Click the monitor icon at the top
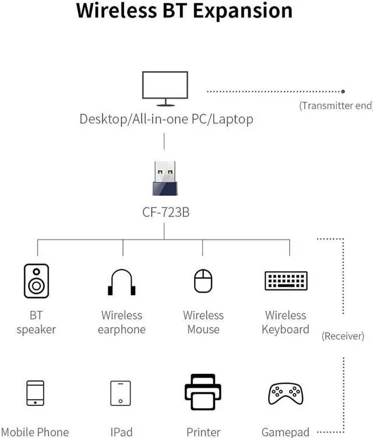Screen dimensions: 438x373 pyautogui.click(x=165, y=88)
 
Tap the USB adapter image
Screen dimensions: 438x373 pyautogui.click(x=165, y=178)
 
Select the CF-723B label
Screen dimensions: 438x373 pyautogui.click(x=166, y=212)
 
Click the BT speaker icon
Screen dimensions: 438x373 pyautogui.click(x=36, y=281)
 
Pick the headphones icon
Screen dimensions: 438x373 pyautogui.click(x=121, y=282)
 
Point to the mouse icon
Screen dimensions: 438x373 pyautogui.click(x=203, y=281)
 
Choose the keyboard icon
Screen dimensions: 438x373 pyautogui.click(x=286, y=281)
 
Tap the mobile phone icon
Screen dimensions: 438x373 pyautogui.click(x=36, y=393)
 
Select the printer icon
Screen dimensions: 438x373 pyautogui.click(x=203, y=392)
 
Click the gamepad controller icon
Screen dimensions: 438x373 pyautogui.click(x=285, y=394)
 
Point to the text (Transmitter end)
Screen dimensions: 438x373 pyautogui.click(x=336, y=106)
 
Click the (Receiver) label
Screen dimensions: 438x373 pyautogui.click(x=343, y=336)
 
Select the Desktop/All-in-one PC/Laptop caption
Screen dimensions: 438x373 pyautogui.click(x=166, y=120)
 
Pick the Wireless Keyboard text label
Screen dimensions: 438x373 pyautogui.click(x=286, y=323)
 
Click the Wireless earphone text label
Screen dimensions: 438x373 pyautogui.click(x=121, y=323)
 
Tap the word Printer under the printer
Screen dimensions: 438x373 pyautogui.click(x=203, y=432)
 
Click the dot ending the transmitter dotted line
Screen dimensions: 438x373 pyautogui.click(x=343, y=92)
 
